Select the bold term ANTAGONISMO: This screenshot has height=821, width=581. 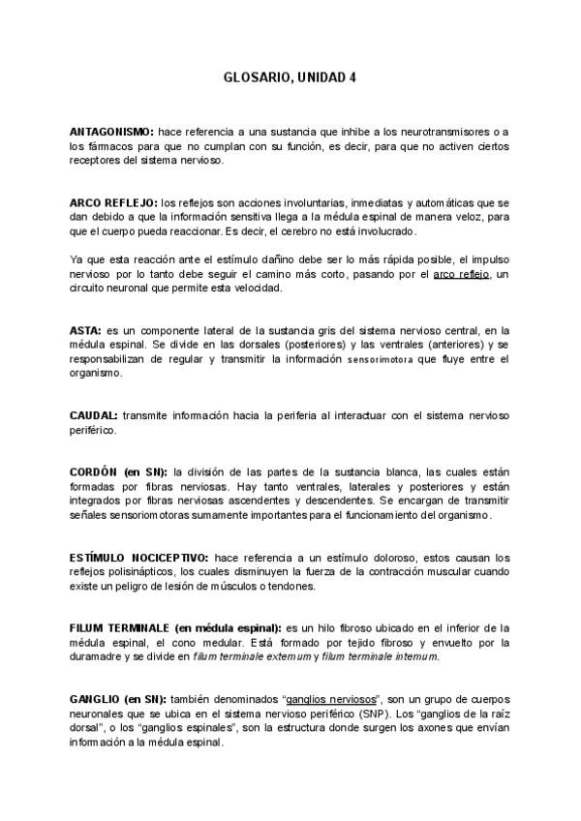click(x=110, y=131)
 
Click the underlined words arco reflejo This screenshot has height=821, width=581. click(x=463, y=275)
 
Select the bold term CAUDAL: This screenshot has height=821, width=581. click(x=94, y=415)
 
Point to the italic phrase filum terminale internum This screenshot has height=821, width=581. click(x=380, y=657)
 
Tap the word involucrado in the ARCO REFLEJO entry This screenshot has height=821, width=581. click(x=382, y=233)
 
